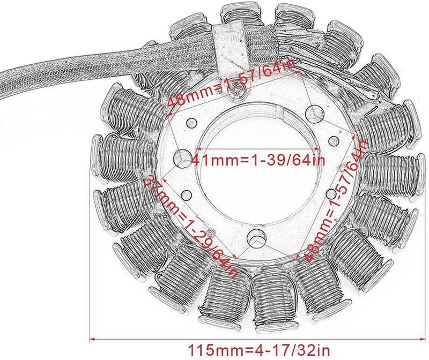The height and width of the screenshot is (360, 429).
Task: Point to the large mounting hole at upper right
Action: [x=314, y=112]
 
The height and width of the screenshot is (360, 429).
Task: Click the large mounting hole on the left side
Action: [x=183, y=159]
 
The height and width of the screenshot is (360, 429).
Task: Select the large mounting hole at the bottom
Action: [x=256, y=236]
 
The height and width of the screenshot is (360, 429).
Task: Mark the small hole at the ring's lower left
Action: [x=186, y=193]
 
